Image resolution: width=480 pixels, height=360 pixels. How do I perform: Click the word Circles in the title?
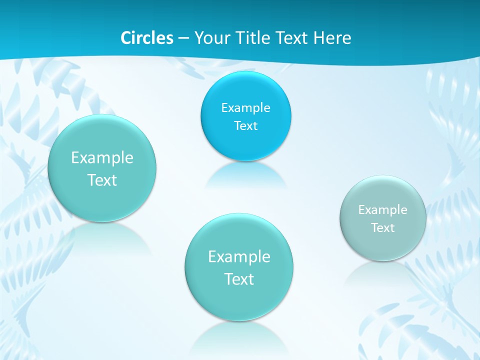[147, 38]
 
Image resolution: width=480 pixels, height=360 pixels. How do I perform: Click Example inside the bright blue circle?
[245, 107]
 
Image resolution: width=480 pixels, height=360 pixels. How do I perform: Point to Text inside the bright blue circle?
[245, 125]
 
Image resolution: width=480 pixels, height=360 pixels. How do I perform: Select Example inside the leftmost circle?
[102, 157]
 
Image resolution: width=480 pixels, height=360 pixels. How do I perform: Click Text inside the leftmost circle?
[102, 180]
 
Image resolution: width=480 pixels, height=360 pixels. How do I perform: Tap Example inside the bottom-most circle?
[239, 256]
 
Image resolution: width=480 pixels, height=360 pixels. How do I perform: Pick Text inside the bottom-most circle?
[239, 279]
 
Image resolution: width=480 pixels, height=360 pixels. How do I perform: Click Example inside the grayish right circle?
[383, 209]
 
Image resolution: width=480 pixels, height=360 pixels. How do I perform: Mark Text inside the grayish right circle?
[383, 227]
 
